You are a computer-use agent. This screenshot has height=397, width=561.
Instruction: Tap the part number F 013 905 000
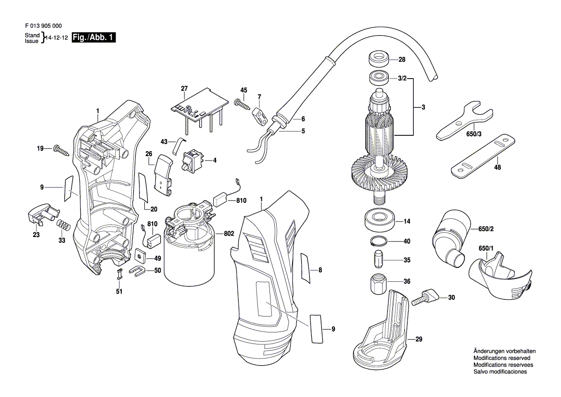click(42, 26)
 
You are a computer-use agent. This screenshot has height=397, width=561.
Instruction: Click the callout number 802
click(229, 234)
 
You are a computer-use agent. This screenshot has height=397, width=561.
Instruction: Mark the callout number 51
click(119, 291)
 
